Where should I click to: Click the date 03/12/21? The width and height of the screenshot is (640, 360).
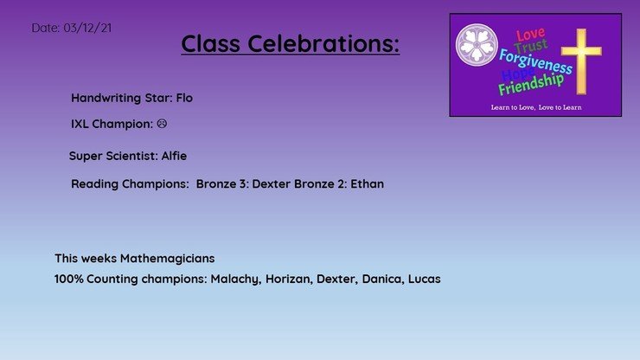(x=87, y=28)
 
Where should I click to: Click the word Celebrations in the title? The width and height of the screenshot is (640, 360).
(x=323, y=43)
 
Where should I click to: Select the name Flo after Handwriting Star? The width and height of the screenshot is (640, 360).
(x=184, y=98)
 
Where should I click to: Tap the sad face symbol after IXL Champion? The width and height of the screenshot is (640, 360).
(x=162, y=124)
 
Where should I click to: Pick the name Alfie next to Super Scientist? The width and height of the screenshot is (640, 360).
(x=175, y=156)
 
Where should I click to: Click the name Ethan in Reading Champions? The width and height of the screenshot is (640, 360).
(x=368, y=183)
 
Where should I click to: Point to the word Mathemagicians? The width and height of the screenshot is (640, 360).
(x=167, y=258)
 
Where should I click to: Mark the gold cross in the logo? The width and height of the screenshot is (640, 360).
(x=581, y=61)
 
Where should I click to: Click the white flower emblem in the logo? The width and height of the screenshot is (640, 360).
(x=477, y=44)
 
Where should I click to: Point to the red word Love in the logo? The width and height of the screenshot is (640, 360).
(x=530, y=35)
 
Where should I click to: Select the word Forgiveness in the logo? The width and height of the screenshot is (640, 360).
(x=536, y=61)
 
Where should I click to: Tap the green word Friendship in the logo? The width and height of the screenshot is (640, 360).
(x=531, y=84)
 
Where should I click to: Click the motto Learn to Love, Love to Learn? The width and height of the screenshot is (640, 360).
(x=536, y=107)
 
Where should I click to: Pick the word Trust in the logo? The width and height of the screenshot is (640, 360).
(x=531, y=46)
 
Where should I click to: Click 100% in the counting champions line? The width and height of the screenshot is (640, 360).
(x=68, y=280)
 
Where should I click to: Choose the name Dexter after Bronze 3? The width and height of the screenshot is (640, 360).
(x=271, y=183)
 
